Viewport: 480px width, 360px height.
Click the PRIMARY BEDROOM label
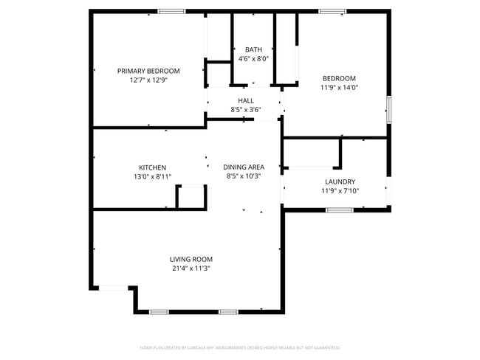148,71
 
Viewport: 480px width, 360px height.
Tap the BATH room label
253,49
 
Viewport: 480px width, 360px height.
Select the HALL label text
246,100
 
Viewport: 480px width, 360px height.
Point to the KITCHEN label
152,167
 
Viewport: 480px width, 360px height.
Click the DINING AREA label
244,167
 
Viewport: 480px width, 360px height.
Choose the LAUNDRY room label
340,181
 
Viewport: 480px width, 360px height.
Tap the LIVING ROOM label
191,259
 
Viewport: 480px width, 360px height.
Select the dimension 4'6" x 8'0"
253,58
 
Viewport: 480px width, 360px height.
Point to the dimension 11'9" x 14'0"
339,87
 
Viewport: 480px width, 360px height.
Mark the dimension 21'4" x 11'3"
191,268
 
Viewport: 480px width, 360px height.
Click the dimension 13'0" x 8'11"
152,176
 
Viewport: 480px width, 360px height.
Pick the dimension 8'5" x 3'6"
246,109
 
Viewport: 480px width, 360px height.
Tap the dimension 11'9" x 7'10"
340,190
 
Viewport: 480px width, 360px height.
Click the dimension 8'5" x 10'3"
244,176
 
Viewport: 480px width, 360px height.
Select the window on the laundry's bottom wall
340,210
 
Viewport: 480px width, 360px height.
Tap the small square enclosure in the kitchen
190,197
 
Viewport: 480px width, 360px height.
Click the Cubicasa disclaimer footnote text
239,347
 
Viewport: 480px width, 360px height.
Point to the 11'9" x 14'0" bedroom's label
339,78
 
